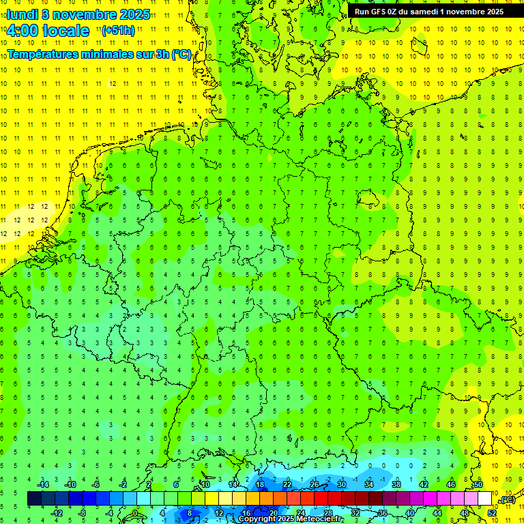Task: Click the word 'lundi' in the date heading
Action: pos(22,14)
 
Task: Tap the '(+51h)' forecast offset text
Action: pos(118,30)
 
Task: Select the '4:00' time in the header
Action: pos(22,31)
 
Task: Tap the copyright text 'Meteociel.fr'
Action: pos(315,519)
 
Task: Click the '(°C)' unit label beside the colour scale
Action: pos(507,499)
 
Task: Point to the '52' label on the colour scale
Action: pos(492,513)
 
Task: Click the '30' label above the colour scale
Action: pos(341,485)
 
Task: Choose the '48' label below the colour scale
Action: pos(465,513)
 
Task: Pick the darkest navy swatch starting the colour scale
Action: pos(34,499)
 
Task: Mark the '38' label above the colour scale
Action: pos(396,485)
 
